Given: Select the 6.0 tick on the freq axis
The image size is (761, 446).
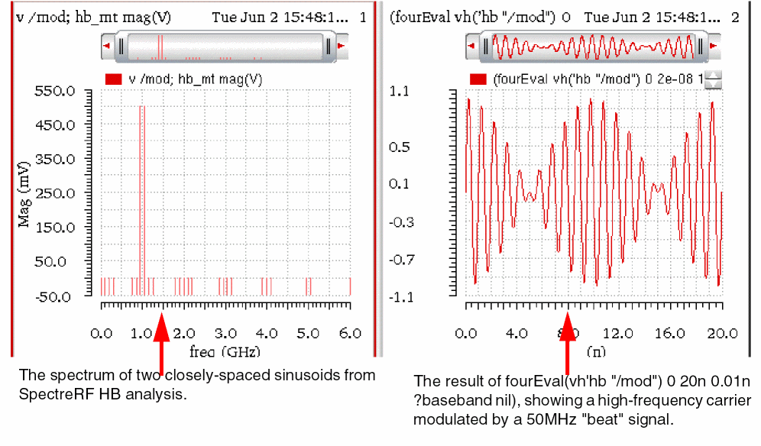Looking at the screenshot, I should pos(350,334).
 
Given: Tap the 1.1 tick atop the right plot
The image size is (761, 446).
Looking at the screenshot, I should pos(400,91).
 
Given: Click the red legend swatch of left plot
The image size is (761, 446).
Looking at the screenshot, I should pos(113,78).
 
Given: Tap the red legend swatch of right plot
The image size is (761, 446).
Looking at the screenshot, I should pos(479,78).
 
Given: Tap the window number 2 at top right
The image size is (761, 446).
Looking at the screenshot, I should pos(735,18).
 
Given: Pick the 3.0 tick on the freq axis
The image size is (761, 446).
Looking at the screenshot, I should pos(225,334).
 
